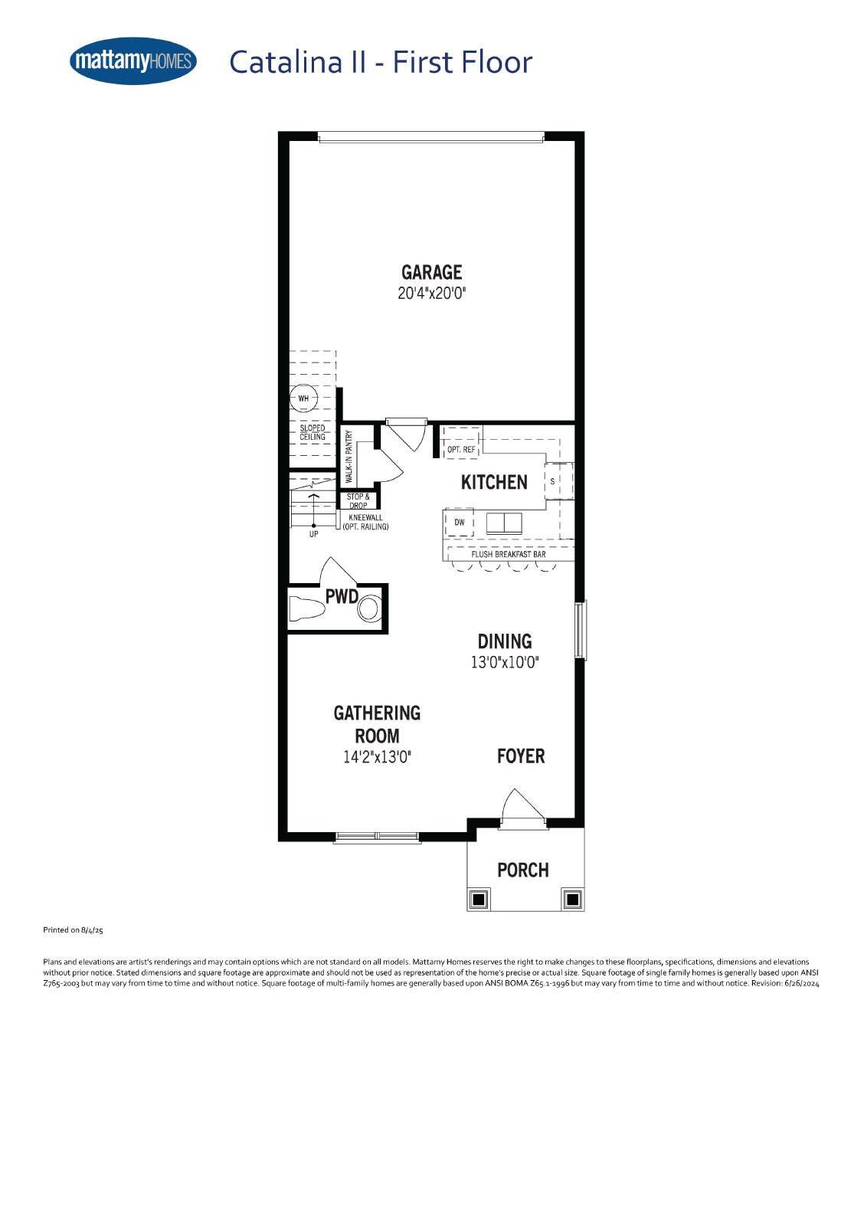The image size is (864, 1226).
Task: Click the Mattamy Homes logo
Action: (x=133, y=61)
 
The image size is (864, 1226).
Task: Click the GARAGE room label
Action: (x=431, y=272)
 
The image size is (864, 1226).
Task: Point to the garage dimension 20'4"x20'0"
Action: (x=431, y=293)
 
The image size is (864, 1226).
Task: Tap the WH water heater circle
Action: (x=303, y=398)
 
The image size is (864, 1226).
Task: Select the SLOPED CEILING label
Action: (x=312, y=432)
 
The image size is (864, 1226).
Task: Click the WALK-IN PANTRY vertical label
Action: (x=349, y=457)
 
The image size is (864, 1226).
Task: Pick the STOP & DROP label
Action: (x=358, y=501)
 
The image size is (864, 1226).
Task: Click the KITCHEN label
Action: (x=494, y=482)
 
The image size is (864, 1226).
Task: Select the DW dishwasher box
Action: (x=459, y=522)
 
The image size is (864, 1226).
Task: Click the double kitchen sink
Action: (x=504, y=523)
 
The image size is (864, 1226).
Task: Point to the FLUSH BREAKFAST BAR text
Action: (x=509, y=555)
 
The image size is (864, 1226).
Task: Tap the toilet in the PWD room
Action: (x=306, y=608)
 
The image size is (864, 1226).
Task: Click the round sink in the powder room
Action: (x=369, y=608)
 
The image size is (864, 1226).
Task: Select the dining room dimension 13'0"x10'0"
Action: (x=505, y=662)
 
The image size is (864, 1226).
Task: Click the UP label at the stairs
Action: (x=313, y=533)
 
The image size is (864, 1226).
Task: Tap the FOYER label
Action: (x=520, y=756)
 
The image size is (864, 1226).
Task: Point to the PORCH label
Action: (x=522, y=870)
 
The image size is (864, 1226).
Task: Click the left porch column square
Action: (x=479, y=900)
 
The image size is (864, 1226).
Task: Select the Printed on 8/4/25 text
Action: (x=73, y=930)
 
